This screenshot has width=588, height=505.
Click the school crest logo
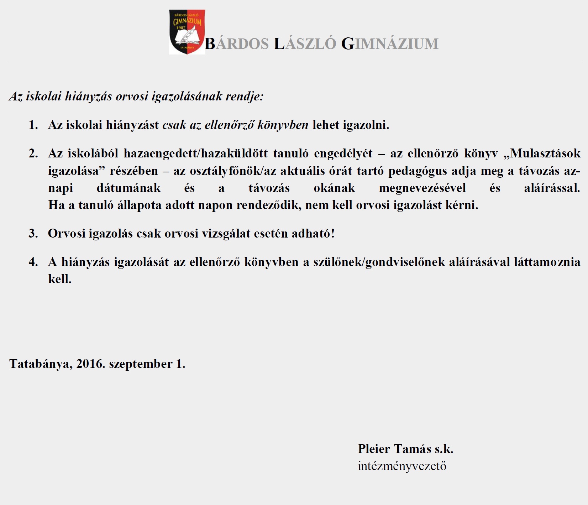(187, 32)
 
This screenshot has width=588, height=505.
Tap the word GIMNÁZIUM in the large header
(390, 44)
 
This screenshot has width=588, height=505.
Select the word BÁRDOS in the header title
(237, 44)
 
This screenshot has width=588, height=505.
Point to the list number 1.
(33, 125)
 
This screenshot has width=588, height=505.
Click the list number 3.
(33, 234)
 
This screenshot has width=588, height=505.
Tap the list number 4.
(33, 262)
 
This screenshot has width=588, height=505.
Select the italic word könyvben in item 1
(283, 125)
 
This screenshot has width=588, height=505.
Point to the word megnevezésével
(422, 188)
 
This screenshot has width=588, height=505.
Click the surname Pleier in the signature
(374, 449)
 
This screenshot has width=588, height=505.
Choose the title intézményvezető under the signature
(402, 466)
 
